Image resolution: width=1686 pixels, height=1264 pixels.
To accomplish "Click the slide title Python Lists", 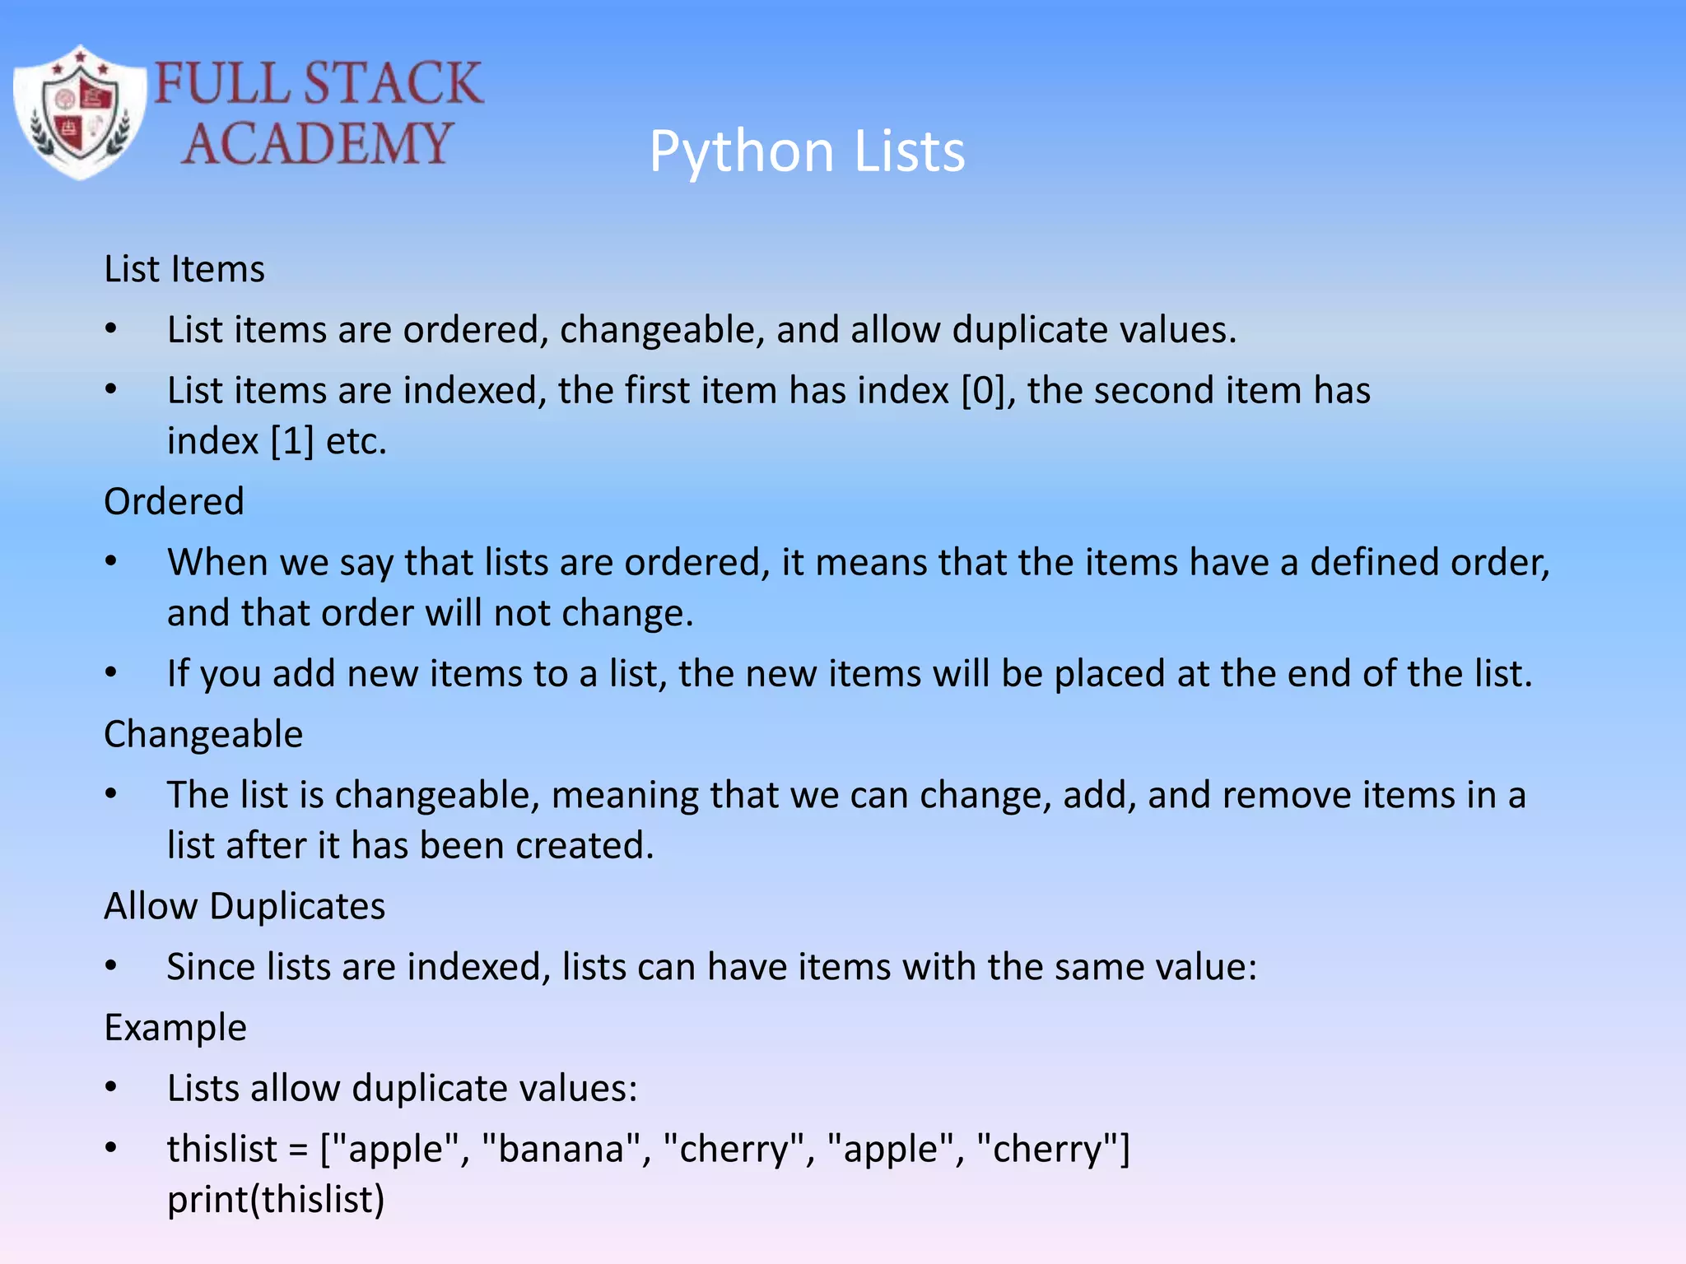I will [x=807, y=151].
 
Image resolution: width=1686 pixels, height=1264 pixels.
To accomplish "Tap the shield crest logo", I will [x=80, y=112].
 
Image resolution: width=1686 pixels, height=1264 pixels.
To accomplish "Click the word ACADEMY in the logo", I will [x=317, y=143].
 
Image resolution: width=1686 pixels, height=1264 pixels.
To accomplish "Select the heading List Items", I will [x=184, y=269].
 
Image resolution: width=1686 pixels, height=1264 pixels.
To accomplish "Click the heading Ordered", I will [x=174, y=501].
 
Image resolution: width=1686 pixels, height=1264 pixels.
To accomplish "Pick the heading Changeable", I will [x=203, y=733].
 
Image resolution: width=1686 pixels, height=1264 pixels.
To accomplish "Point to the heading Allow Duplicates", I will [x=245, y=906].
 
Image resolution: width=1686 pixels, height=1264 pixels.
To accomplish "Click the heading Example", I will [x=175, y=1027].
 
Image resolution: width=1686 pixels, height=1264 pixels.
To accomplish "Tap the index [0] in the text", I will [x=984, y=390].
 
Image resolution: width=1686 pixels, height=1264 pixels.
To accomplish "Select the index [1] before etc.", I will [x=292, y=441].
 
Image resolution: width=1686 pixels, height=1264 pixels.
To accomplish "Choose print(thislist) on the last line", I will [x=276, y=1199].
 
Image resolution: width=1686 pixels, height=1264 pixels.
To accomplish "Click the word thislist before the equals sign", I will [x=222, y=1148].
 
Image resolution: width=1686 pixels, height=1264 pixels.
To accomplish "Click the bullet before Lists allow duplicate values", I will [x=111, y=1088].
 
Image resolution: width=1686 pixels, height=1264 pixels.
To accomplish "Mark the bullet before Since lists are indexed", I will [x=111, y=967].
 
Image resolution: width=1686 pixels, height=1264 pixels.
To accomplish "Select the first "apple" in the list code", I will [x=394, y=1148].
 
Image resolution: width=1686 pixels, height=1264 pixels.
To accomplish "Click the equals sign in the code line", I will [x=298, y=1150].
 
